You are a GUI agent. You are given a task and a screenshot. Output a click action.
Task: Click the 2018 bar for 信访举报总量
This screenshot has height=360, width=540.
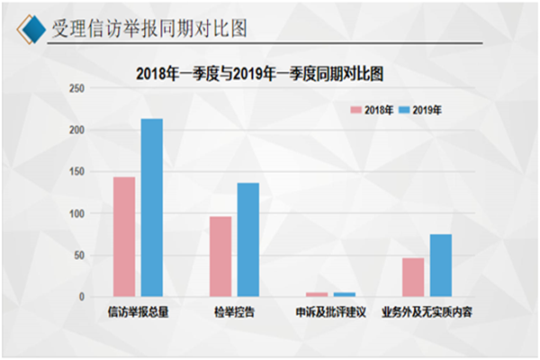pyautogui.click(x=124, y=237)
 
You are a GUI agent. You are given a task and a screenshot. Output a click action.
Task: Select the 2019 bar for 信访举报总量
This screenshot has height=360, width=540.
pyautogui.click(x=151, y=208)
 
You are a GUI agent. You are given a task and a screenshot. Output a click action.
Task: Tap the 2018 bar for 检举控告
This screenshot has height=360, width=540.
pyautogui.click(x=220, y=256)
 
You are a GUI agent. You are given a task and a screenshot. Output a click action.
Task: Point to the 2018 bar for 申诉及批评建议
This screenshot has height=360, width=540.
pyautogui.click(x=317, y=294)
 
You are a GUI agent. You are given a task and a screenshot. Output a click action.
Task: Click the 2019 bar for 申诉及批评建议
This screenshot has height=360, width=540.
pyautogui.click(x=344, y=294)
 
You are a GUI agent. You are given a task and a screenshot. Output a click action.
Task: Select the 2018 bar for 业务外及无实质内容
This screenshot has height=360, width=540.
pyautogui.click(x=413, y=277)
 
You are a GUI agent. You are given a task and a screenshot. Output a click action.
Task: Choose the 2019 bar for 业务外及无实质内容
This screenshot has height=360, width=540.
pyautogui.click(x=440, y=265)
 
